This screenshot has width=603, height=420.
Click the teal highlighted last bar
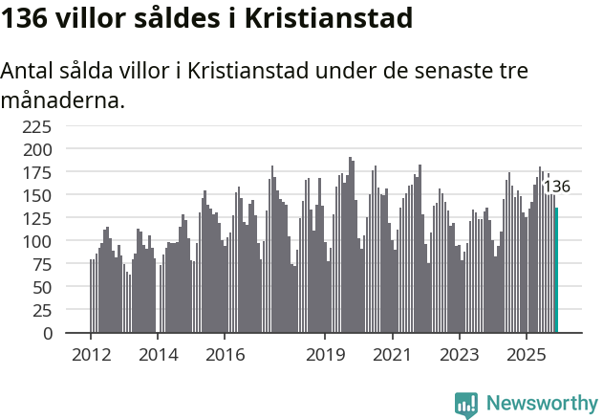tap(557, 271)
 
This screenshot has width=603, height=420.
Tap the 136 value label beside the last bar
tap(556, 187)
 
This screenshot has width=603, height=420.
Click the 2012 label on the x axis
tap(91, 355)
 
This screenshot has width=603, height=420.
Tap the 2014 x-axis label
tap(158, 355)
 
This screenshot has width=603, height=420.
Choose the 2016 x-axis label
tap(225, 355)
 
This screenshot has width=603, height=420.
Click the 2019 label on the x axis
tap(325, 355)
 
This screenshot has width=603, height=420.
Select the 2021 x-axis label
tap(392, 355)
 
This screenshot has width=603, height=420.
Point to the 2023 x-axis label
tap(459, 355)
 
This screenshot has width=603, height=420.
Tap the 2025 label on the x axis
tap(526, 355)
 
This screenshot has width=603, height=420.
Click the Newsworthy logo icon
tap(466, 405)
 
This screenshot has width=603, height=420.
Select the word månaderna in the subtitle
tap(63, 99)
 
